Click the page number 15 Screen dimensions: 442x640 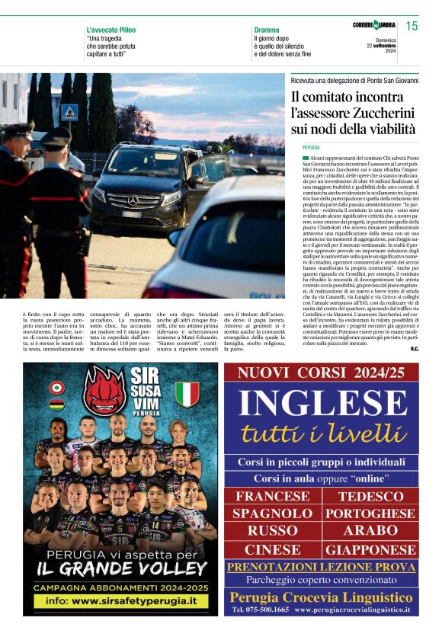[x=412, y=27]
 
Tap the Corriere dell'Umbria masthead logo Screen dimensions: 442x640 [x=375, y=25]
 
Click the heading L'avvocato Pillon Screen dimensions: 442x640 [x=111, y=30]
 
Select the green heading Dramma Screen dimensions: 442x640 [x=267, y=30]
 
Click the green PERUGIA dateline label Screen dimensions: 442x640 [x=311, y=146]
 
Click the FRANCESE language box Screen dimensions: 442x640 [x=272, y=496]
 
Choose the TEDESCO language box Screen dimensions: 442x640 [x=371, y=496]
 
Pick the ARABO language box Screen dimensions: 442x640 [x=371, y=531]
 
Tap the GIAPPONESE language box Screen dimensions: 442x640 [x=371, y=549]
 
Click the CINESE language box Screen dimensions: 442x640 [x=272, y=549]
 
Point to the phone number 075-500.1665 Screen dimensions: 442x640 [x=260, y=610]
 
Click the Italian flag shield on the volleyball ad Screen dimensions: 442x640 [x=187, y=394]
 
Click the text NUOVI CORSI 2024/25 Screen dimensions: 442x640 [x=321, y=373]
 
